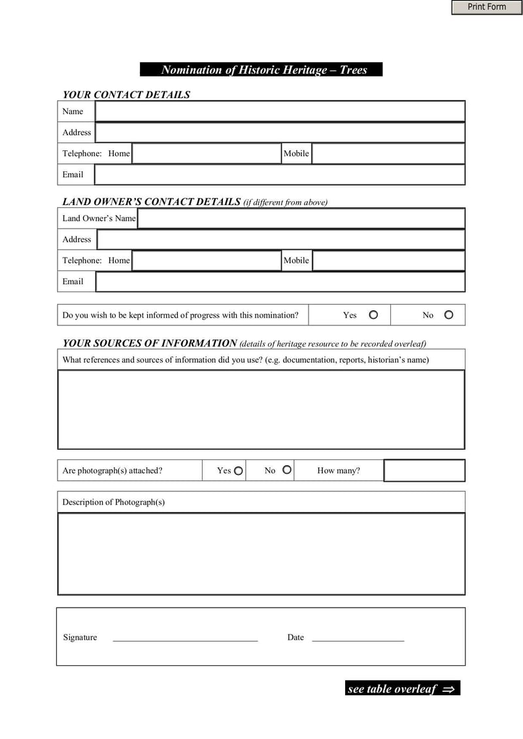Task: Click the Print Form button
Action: coord(486,7)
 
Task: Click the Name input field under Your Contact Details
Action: coord(280,111)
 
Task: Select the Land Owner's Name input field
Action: coord(301,218)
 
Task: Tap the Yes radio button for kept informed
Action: coord(373,315)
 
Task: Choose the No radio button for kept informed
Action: coord(448,315)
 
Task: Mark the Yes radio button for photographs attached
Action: coord(239,470)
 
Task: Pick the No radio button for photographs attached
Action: coord(286,470)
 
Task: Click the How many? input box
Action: coord(424,470)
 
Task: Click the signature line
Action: coord(185,639)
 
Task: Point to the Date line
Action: coord(358,639)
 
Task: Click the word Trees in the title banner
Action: coord(354,70)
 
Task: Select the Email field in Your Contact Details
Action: coord(280,174)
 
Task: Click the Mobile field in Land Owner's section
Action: coord(388,260)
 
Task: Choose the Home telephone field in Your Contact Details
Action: coord(206,154)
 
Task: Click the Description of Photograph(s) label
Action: coord(113,502)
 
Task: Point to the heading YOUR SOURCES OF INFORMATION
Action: coord(150,343)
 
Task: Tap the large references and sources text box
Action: coord(261,410)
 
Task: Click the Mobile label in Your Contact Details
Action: coord(295,154)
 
